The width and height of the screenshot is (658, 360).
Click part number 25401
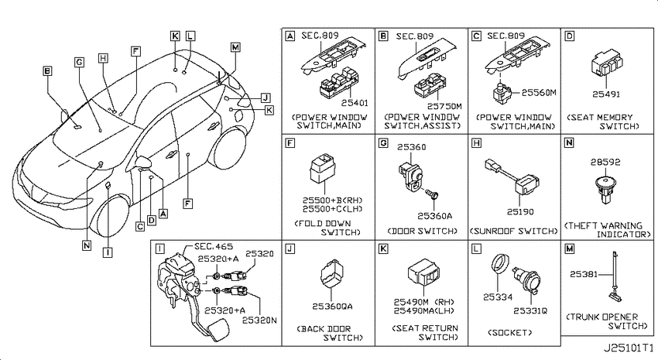[x=355, y=103]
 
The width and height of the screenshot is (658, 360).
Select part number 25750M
[x=444, y=107]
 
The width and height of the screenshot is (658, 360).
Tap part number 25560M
[x=539, y=92]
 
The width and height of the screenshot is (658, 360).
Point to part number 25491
[x=606, y=94]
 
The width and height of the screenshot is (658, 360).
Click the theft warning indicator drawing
[x=605, y=189]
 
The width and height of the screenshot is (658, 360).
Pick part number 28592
[x=605, y=162]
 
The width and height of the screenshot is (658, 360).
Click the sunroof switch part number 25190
[x=520, y=212]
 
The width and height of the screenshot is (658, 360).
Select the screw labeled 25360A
[x=433, y=194]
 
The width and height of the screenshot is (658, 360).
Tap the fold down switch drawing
[x=322, y=168]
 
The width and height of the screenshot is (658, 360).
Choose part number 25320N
[x=259, y=321]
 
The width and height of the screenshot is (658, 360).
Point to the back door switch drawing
[x=331, y=273]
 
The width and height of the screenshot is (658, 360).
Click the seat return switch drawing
[x=423, y=273]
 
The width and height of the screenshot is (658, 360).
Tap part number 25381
[x=584, y=274]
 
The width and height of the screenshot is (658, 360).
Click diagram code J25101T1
[x=629, y=348]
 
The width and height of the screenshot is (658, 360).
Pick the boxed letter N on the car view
[x=87, y=245]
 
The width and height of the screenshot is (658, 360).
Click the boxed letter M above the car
[x=235, y=47]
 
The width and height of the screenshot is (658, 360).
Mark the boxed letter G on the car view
[x=79, y=63]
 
